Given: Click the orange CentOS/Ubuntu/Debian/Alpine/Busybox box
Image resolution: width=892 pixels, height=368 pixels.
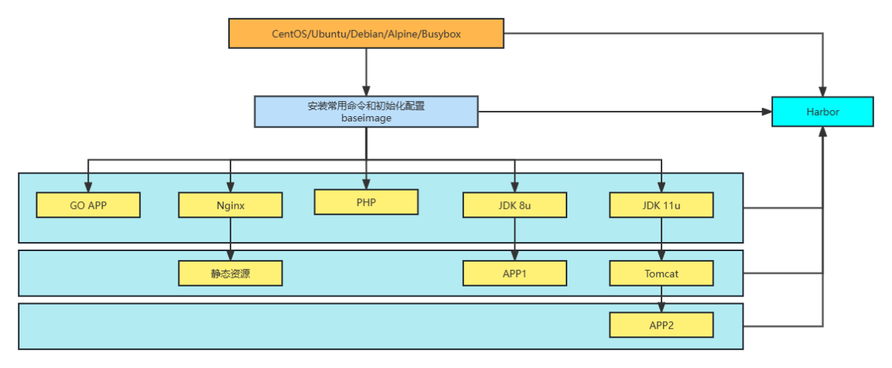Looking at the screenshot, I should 366,34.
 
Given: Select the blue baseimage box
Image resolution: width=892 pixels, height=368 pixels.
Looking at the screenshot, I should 366,112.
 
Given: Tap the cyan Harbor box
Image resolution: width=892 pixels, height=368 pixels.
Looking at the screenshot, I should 822,112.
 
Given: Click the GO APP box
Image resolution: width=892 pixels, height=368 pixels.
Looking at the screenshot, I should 88,205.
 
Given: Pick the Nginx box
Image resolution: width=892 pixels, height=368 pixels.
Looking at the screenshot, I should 230,205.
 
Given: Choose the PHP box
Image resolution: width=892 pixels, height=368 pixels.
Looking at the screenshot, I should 366,201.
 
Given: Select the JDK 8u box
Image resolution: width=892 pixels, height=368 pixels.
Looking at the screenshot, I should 515,205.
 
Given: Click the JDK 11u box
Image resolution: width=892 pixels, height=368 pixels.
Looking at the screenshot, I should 661,205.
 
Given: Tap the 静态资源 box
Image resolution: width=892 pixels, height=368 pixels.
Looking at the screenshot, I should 230,274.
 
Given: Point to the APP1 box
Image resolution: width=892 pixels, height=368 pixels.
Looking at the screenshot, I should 515,274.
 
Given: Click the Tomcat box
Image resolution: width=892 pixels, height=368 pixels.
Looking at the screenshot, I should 661,274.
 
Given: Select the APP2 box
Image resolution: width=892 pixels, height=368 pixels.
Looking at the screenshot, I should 661,326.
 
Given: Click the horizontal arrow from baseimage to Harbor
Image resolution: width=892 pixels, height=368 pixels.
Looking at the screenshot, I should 625,112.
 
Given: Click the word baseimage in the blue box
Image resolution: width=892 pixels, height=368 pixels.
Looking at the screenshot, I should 366,118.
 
